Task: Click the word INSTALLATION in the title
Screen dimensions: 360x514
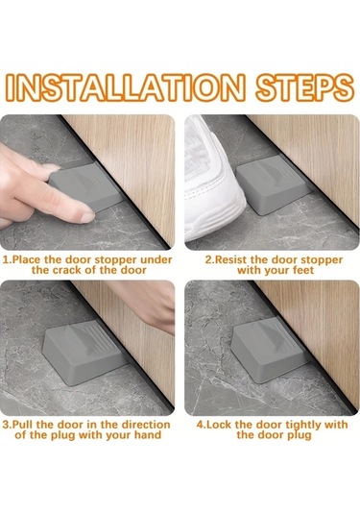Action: [x=125, y=86]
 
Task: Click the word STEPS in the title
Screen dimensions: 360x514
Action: [x=305, y=86]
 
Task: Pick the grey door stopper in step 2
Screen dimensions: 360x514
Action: [x=273, y=184]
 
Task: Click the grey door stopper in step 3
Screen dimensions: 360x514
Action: [x=84, y=352]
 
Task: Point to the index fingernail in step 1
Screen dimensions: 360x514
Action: [x=86, y=217]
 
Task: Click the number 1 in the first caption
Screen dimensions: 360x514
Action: [x=6, y=260]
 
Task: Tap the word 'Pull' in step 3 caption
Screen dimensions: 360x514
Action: [x=23, y=425]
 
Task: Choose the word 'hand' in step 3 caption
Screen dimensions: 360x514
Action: [x=148, y=435]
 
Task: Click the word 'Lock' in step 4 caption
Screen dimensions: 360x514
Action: [x=220, y=425]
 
